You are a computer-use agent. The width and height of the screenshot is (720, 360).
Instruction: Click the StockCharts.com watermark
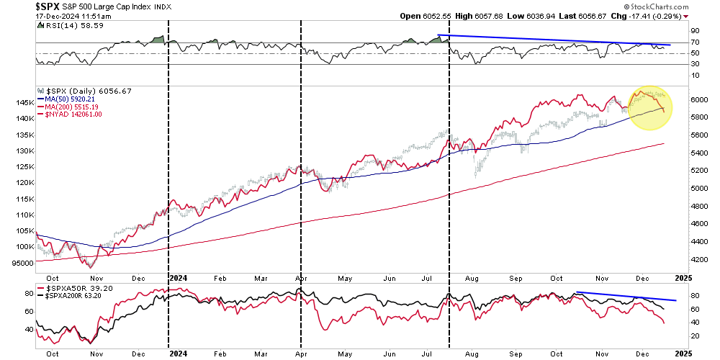tap(676, 6)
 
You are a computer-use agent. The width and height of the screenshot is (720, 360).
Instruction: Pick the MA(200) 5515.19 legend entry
tap(71, 107)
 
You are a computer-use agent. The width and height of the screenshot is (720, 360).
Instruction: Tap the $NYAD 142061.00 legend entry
tap(73, 114)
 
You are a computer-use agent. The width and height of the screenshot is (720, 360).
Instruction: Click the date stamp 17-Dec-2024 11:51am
tap(50, 15)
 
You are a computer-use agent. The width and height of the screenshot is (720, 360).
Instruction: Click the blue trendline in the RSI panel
tap(554, 40)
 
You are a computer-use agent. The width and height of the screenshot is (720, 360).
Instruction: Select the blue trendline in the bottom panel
tap(626, 296)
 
